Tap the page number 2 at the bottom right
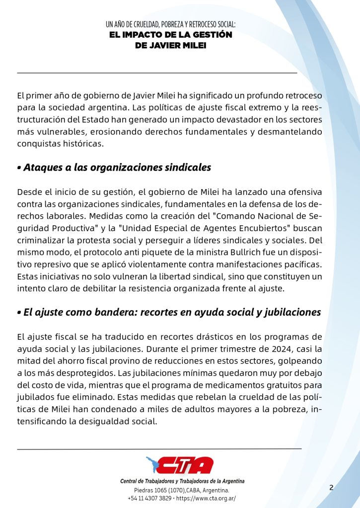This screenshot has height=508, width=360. (x=331, y=487)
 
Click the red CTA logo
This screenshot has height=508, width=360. (x=180, y=465)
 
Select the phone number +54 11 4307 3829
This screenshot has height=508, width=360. (x=149, y=498)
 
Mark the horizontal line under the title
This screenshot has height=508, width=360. (x=157, y=73)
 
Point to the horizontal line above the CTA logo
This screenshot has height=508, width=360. (x=159, y=448)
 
